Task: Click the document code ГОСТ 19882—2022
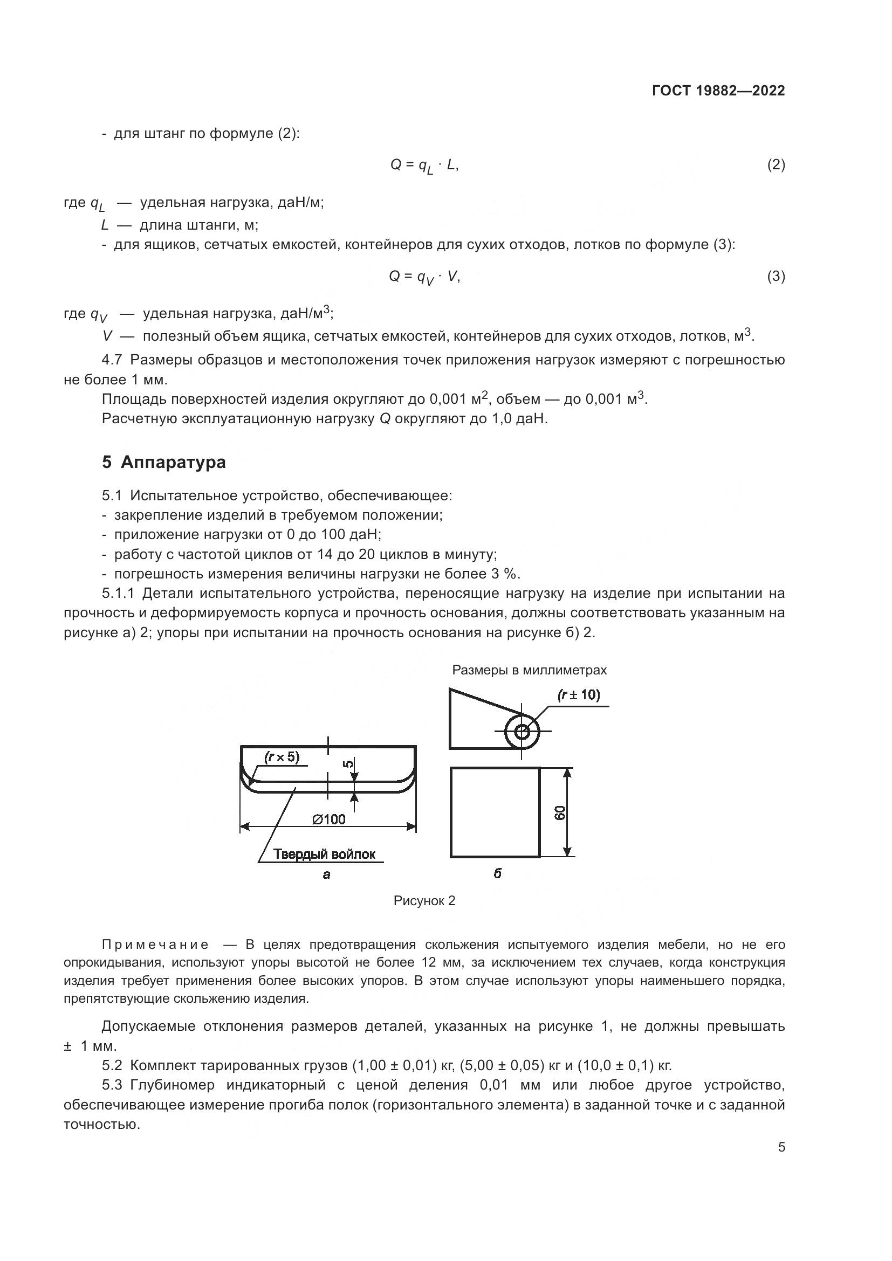click(718, 91)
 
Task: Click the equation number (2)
click(776, 165)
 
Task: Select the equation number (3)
click(776, 276)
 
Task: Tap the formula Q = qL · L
click(424, 166)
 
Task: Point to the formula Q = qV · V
click(424, 277)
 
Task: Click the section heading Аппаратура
click(173, 462)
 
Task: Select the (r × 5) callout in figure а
click(282, 757)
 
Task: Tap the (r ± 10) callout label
click(578, 695)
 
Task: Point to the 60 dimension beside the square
click(560, 812)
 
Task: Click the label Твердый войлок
click(324, 854)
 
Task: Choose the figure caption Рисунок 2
click(424, 901)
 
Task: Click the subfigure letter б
click(497, 873)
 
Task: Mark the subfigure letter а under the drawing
click(326, 874)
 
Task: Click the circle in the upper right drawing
click(522, 732)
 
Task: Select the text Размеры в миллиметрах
click(529, 670)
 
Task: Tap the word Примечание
click(155, 945)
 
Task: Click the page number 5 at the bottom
click(781, 1147)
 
